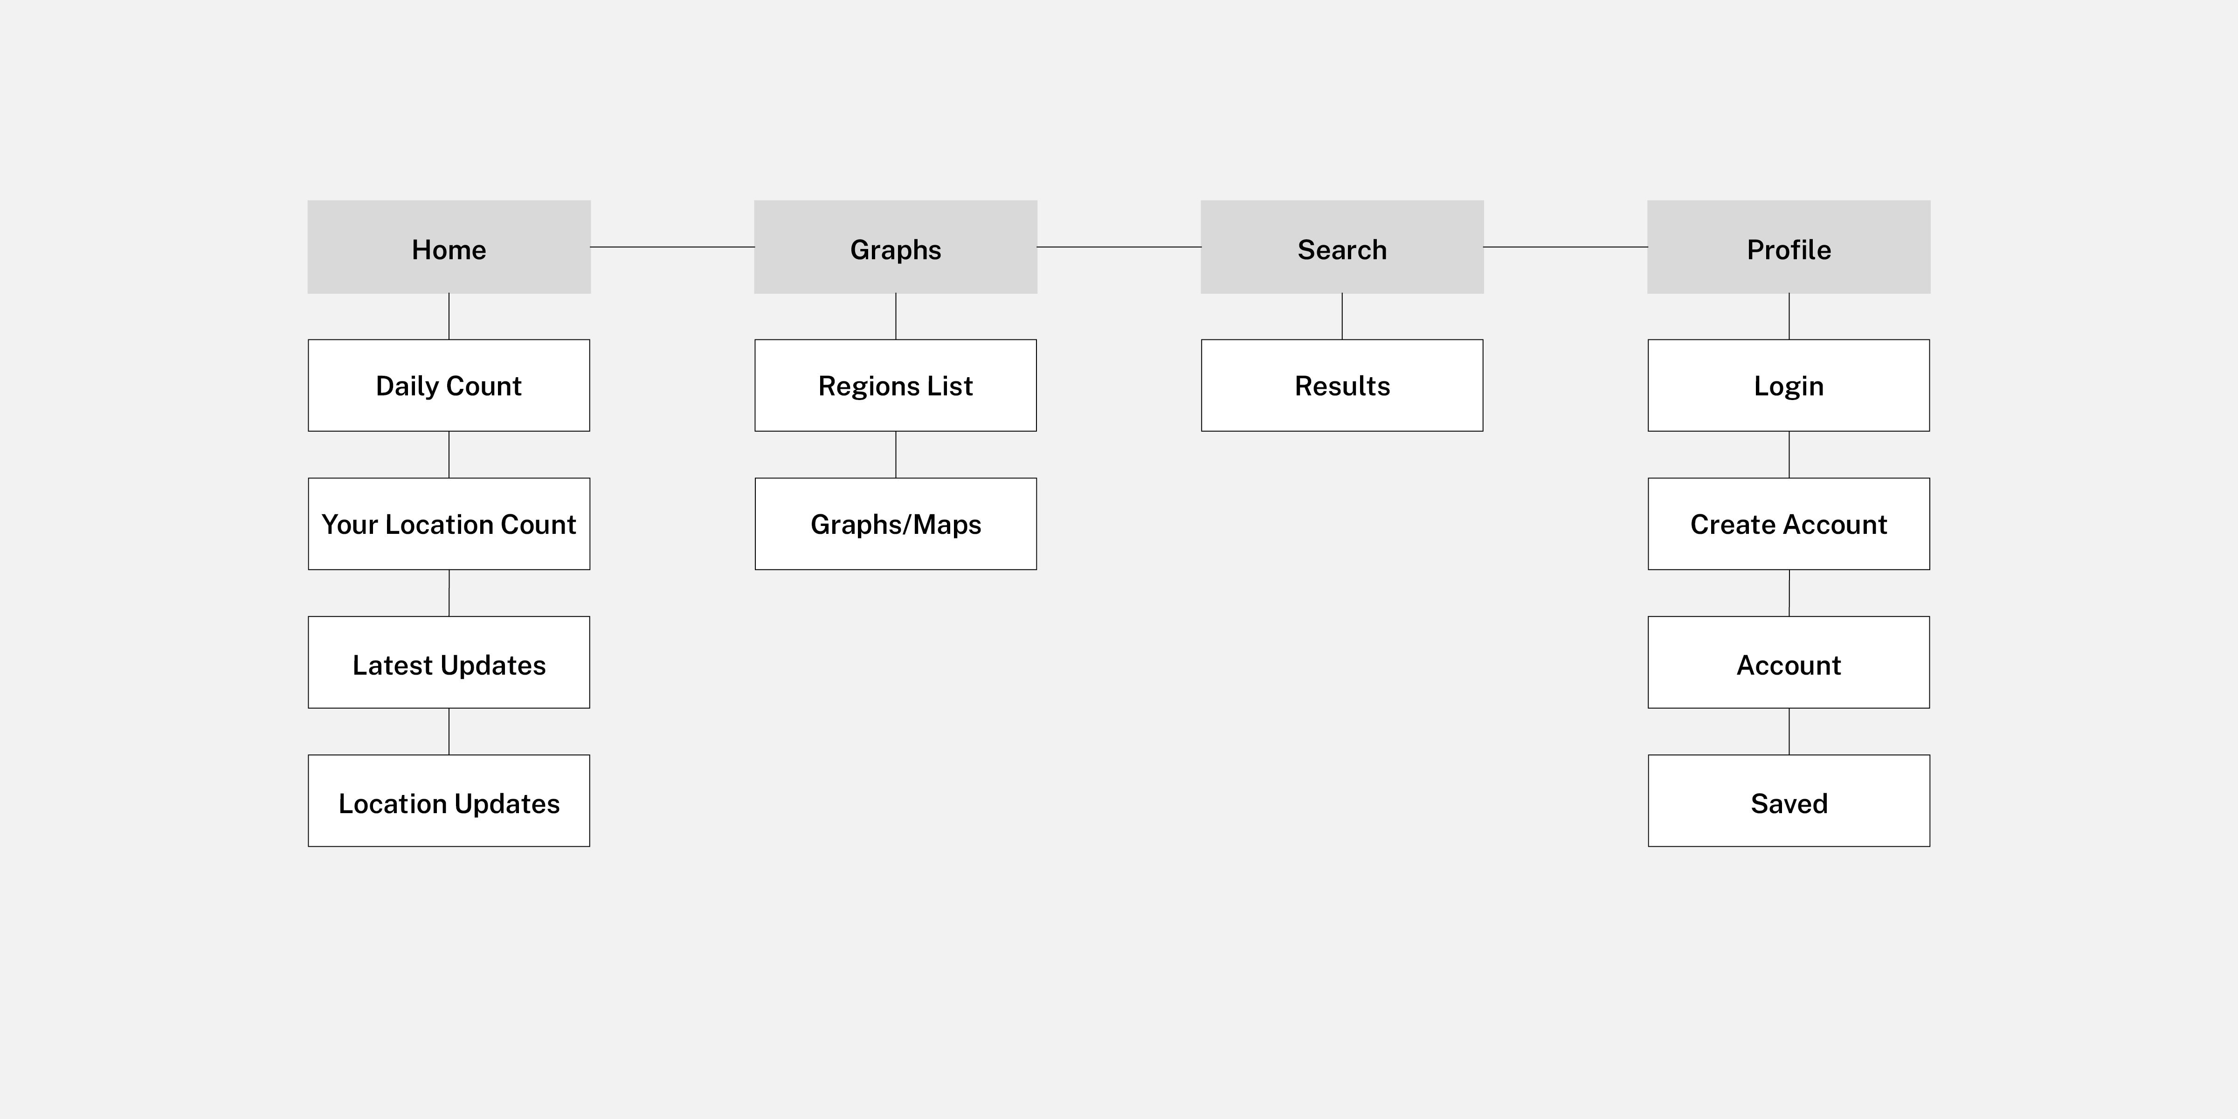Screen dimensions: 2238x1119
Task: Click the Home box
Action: (449, 247)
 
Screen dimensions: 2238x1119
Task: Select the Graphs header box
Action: (896, 247)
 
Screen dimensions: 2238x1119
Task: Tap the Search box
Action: (1342, 247)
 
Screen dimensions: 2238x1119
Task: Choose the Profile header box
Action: (1789, 247)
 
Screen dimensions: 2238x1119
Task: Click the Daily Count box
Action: (449, 385)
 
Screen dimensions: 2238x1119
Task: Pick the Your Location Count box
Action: (449, 524)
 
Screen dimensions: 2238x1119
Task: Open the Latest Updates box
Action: (449, 662)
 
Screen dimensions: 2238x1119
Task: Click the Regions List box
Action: (896, 385)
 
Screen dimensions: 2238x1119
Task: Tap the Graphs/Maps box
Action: (896, 524)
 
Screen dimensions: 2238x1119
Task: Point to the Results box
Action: (1342, 385)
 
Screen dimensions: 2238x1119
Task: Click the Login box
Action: (1789, 385)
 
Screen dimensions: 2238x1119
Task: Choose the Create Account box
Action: (1789, 524)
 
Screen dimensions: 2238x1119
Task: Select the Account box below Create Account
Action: (1789, 662)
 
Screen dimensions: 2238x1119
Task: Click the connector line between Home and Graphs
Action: (672, 247)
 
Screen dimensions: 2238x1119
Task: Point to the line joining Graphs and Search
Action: (1119, 247)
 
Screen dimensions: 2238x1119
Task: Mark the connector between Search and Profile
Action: (1566, 247)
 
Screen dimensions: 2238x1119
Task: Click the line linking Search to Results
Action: (1342, 316)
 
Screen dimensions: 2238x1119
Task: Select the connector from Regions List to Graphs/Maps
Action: (896, 455)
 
